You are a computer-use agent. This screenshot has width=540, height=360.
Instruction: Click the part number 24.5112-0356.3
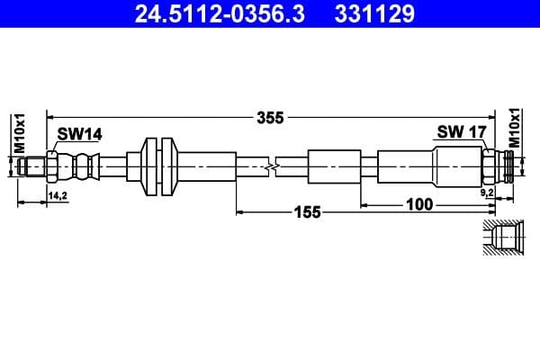click(x=212, y=13)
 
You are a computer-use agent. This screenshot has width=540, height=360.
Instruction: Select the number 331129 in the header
click(x=376, y=13)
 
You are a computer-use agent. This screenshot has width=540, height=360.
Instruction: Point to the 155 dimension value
click(x=308, y=213)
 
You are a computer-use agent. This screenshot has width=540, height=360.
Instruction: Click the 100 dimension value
click(x=418, y=205)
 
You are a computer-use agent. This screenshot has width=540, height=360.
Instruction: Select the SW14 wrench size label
click(x=79, y=134)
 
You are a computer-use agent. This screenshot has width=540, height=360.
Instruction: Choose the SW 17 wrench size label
click(x=462, y=132)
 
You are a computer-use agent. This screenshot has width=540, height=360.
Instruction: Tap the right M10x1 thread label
click(x=516, y=128)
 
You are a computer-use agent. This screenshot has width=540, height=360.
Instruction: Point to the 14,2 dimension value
click(x=58, y=194)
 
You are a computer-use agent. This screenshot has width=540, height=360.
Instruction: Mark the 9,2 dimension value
click(x=486, y=193)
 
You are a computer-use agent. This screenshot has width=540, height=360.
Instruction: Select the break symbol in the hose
click(x=273, y=166)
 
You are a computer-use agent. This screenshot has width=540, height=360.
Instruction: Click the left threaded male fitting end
click(x=32, y=166)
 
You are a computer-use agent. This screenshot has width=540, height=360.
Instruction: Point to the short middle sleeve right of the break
click(x=333, y=166)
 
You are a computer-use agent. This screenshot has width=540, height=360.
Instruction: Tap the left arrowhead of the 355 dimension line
click(x=50, y=117)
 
